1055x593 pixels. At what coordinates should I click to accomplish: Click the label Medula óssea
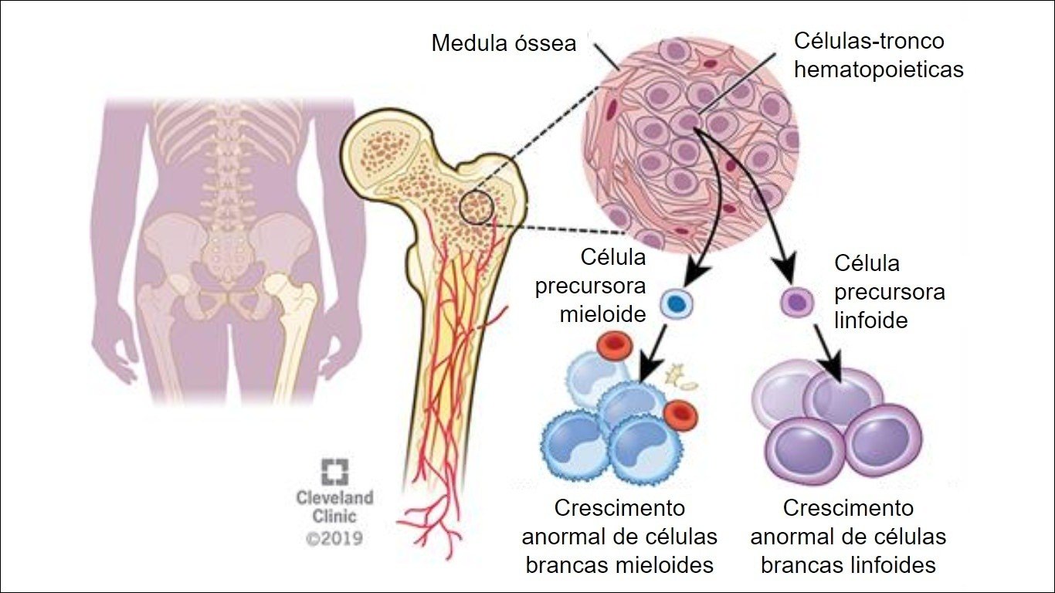click(x=504, y=43)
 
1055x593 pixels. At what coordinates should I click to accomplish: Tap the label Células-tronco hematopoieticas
click(x=879, y=55)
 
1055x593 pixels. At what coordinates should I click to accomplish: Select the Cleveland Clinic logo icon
click(x=334, y=472)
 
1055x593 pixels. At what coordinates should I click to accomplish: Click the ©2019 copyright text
click(x=334, y=537)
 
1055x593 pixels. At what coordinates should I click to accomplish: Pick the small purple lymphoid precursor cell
click(x=795, y=301)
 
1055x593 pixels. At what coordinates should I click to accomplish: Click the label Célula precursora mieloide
click(x=602, y=286)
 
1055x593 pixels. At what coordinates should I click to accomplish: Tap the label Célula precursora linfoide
click(x=889, y=292)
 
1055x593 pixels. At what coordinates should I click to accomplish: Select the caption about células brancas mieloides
click(x=619, y=537)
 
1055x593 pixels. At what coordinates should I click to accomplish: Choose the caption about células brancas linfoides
click(x=848, y=537)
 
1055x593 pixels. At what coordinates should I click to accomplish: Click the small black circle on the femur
click(x=476, y=207)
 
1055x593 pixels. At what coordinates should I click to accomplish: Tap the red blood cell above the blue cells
click(x=616, y=347)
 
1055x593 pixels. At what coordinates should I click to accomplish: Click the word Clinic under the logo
click(x=334, y=516)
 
